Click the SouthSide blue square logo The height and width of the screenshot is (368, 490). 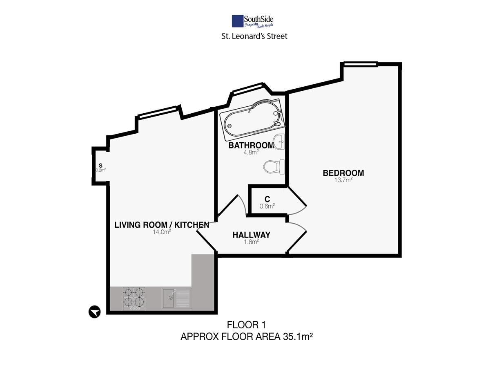237,21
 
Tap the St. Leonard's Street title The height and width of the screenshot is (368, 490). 254,36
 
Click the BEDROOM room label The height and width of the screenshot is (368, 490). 343,173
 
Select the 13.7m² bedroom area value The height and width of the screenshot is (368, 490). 343,180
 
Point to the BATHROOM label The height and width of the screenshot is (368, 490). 251,146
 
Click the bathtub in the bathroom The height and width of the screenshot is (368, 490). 252,120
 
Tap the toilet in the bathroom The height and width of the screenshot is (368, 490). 274,167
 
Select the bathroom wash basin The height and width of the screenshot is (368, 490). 279,141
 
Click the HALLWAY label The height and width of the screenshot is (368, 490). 252,235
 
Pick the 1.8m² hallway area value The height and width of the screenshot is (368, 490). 252,242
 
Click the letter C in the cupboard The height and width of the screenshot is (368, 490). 267,199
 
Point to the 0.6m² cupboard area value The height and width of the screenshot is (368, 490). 267,206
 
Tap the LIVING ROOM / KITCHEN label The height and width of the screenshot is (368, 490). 162,225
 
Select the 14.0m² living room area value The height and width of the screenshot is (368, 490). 162,232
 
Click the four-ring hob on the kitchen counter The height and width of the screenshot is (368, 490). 134,298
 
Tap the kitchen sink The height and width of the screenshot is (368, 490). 176,298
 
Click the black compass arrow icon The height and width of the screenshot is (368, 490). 95,312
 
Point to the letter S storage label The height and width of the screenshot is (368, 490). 101,166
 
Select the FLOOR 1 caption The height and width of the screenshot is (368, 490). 246,325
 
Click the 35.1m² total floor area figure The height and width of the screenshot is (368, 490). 298,337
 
